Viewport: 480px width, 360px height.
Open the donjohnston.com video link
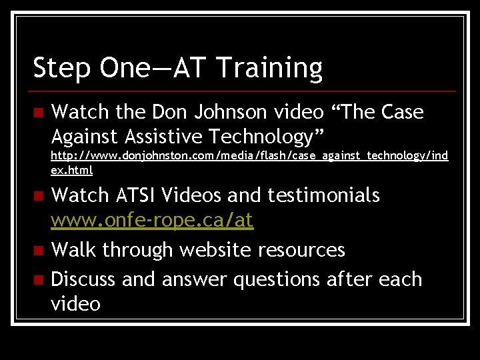(x=249, y=156)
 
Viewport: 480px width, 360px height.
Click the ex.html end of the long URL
(x=72, y=170)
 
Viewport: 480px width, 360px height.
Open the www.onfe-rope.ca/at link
(x=152, y=221)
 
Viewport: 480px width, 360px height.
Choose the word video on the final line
(x=76, y=304)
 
